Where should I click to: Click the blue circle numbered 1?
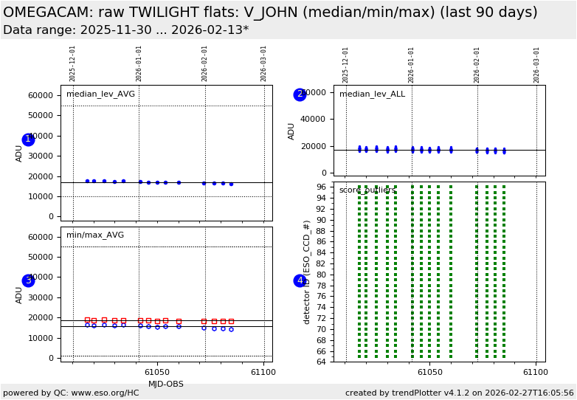pyautogui.click(x=28, y=139)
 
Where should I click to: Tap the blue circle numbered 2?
pyautogui.click(x=300, y=94)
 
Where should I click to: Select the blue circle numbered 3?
pyautogui.click(x=28, y=280)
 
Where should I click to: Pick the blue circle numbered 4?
pyautogui.click(x=300, y=280)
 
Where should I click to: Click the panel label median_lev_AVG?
pyautogui.click(x=100, y=94)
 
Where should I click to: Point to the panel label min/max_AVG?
pyautogui.click(x=95, y=235)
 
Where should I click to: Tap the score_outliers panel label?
pyautogui.click(x=367, y=190)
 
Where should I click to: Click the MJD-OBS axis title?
pyautogui.click(x=167, y=384)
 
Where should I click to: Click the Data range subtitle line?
pyautogui.click(x=125, y=30)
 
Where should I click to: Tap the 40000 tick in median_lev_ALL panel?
pyautogui.click(x=314, y=119)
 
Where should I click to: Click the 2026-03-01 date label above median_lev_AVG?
pyautogui.click(x=264, y=63)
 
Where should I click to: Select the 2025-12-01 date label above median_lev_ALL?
pyautogui.click(x=346, y=65)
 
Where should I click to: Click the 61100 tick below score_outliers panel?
pyautogui.click(x=536, y=373)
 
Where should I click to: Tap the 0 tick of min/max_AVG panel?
pyautogui.click(x=51, y=358)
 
